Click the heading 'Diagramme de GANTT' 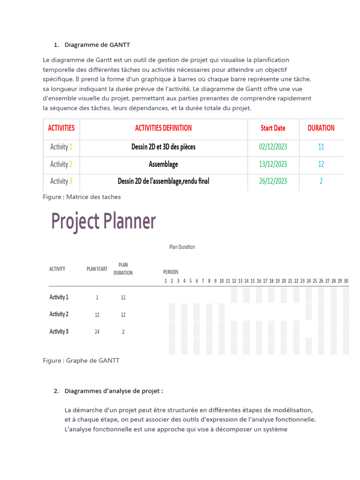(x=97, y=45)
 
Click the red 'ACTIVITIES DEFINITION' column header (x=163, y=128)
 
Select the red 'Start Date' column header (x=273, y=128)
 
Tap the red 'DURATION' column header (x=321, y=128)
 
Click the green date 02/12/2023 (x=273, y=147)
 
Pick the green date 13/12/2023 (x=273, y=164)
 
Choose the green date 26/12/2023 (x=273, y=181)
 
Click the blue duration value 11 (x=321, y=147)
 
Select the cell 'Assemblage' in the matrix (x=163, y=164)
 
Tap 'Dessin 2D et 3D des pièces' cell (x=163, y=147)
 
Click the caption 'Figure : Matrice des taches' (x=82, y=197)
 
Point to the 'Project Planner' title (x=103, y=221)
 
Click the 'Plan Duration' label (x=182, y=247)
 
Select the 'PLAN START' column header (x=97, y=269)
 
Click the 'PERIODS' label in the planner (x=171, y=272)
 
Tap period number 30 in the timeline (x=346, y=281)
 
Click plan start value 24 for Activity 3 (x=97, y=332)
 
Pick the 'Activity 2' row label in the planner (x=59, y=314)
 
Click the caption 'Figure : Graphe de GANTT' (x=81, y=360)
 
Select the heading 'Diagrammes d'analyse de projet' (x=114, y=391)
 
